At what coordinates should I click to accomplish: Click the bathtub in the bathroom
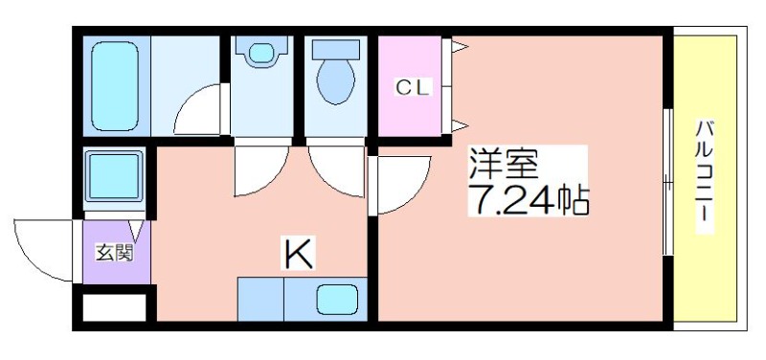pos(115,86)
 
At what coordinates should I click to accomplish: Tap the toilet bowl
pos(336,81)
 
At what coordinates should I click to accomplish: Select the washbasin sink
pos(261,53)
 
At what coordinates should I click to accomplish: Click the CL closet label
pos(413,88)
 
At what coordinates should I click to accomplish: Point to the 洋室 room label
pos(504,165)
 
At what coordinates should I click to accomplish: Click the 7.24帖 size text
pos(529,199)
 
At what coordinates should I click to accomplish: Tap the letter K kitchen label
pos(299,253)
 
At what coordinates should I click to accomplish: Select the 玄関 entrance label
pos(114,253)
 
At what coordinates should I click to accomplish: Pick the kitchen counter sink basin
pos(337,299)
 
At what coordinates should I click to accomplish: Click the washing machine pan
pos(115,176)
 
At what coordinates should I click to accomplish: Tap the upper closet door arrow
pos(460,47)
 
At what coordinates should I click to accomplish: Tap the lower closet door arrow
pos(460,125)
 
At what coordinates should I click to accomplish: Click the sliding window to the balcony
pos(667,182)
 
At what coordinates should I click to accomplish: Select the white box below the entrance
pos(115,307)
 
